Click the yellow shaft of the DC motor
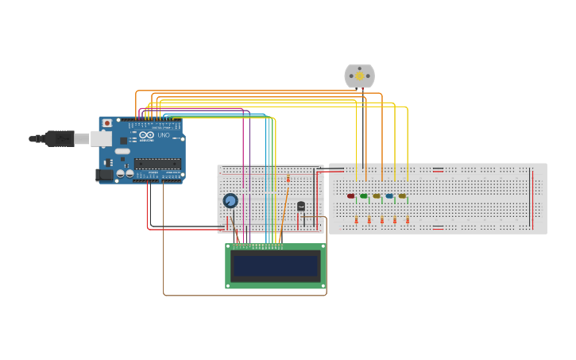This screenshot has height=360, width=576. coord(359,75)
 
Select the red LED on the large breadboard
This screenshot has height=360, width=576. coord(350,195)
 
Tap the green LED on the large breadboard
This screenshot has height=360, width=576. coord(363,195)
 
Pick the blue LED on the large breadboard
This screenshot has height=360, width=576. coord(389,195)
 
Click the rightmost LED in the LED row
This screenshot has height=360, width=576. coord(402,195)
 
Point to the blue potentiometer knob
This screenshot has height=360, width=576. coord(230,201)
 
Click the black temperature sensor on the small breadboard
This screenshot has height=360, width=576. coord(300,206)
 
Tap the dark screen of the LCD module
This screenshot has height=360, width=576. coord(275,265)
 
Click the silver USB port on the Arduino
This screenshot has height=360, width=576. coord(101,138)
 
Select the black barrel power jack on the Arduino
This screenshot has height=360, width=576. coord(104,174)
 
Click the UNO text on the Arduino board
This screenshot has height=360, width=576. coord(164,136)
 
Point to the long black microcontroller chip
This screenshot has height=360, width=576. coord(157,164)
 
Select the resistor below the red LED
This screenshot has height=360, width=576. coord(356,220)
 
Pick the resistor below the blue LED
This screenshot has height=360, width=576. coord(395,220)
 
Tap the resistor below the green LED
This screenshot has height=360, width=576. coord(369,220)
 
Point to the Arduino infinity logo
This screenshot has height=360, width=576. coord(147,135)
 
